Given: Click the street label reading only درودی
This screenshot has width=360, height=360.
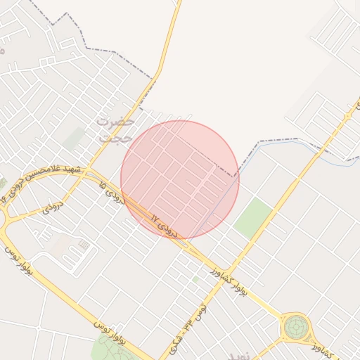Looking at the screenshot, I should pos(54,207).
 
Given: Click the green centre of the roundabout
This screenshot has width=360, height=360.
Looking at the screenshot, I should pos(296,327).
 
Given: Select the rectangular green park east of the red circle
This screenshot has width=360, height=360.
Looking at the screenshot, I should pos(252,217).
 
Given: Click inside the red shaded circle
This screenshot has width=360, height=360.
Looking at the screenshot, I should pos(180,179).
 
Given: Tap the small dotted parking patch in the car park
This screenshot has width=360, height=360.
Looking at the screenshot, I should pos(84,244).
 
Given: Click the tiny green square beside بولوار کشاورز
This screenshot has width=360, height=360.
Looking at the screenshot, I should pos(195,279).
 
